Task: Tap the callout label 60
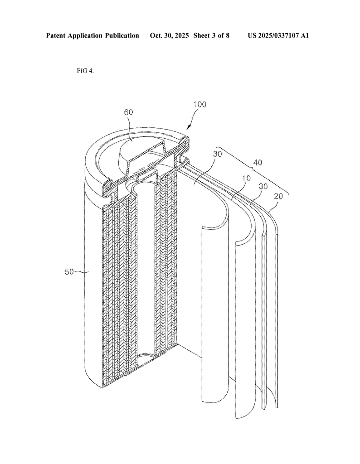pos(128,112)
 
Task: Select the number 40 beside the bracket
pos(257,163)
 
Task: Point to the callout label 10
pos(246,178)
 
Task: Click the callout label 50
pos(69,272)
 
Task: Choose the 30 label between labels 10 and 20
pos(263,186)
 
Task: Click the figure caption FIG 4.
pos(85,71)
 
